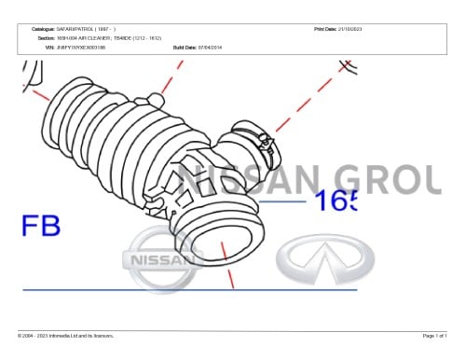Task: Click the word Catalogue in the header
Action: (44, 30)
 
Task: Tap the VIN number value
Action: (81, 46)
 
